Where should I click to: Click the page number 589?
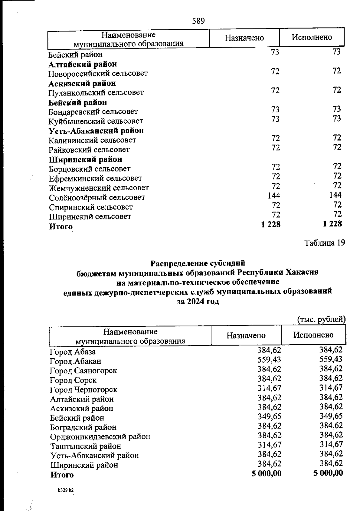coord(198,21)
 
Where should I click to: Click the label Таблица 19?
coord(324,243)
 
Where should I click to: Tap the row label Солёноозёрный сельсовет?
coord(97,198)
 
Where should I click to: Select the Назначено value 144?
coord(274,195)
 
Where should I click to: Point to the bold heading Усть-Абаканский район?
coord(96,131)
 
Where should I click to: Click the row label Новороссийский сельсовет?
coord(98,73)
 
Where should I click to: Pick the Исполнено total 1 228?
coord(332,224)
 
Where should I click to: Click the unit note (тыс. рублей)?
coord(321,319)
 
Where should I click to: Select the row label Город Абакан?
coord(75,361)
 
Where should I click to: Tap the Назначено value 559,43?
coord(269,359)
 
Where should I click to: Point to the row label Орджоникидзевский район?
coord(100,437)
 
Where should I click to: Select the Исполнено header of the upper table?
coord(312,37)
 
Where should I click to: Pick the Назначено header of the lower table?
coord(246,335)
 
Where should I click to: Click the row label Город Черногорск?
coord(83,389)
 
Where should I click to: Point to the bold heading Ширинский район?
coord(86,159)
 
